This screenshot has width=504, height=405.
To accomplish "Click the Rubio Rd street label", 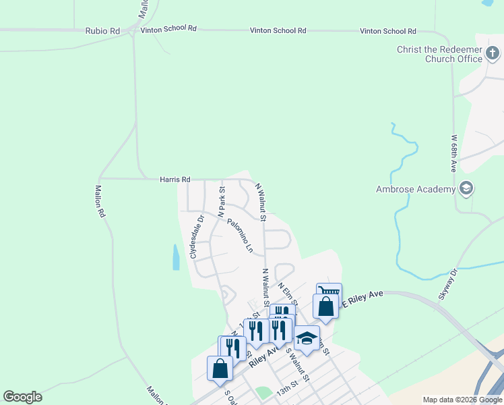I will click(102, 31).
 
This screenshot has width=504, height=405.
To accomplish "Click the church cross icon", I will click(493, 52).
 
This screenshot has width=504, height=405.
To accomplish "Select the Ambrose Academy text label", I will click(415, 190).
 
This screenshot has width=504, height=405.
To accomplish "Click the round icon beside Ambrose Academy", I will click(466, 188).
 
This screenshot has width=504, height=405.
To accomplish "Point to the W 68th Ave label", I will click(453, 152).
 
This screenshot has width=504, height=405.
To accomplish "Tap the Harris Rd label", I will click(175, 180).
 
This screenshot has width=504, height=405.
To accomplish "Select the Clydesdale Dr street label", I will click(196, 237).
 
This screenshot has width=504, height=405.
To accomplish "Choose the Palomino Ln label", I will click(240, 236).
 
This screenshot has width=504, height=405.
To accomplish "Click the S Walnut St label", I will click(297, 365).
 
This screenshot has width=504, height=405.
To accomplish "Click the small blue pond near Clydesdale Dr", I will click(176, 257).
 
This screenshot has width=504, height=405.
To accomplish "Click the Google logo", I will click(22, 397).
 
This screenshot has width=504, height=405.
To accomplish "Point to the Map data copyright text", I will click(462, 400).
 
